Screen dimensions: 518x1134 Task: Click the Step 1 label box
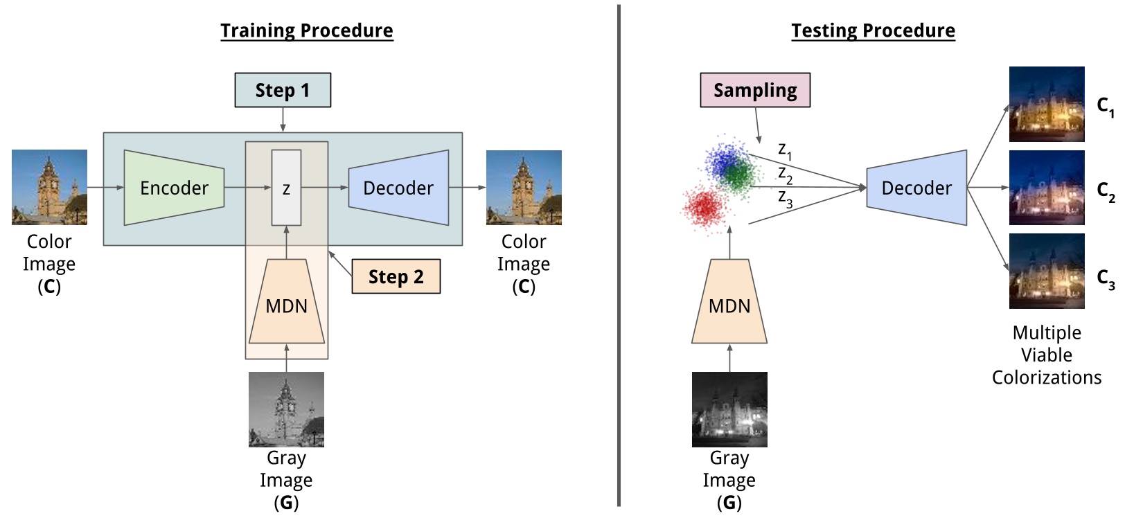(x=283, y=91)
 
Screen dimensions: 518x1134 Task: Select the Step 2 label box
(x=396, y=277)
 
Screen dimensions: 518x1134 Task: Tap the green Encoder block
(x=174, y=188)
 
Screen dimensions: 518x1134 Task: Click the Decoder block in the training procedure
(x=398, y=188)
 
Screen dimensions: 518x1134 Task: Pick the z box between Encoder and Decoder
(x=286, y=188)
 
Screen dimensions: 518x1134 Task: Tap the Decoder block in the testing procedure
(x=916, y=188)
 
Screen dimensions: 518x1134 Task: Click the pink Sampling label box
(x=755, y=91)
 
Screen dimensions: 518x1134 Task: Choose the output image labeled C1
(x=1047, y=104)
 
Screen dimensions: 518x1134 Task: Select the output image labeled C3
(x=1047, y=271)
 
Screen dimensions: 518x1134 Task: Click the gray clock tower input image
(x=286, y=409)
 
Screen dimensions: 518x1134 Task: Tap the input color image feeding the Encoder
(x=49, y=187)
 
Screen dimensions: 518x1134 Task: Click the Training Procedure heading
(x=307, y=31)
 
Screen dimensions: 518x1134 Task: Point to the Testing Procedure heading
(x=873, y=31)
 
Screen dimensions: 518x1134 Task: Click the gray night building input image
(x=729, y=409)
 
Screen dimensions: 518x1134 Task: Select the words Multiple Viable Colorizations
(x=1047, y=355)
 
